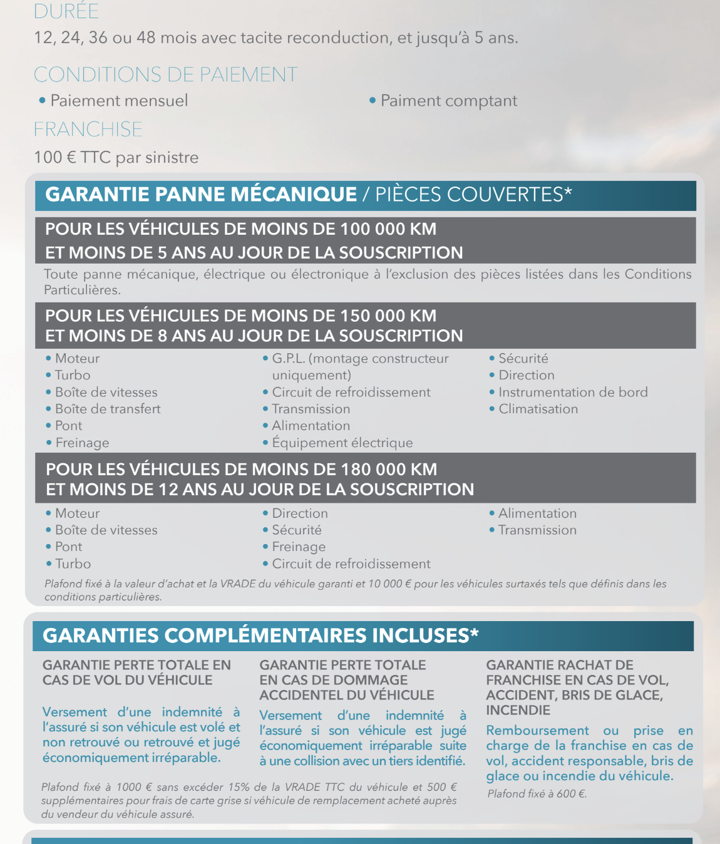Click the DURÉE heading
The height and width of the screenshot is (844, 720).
[x=66, y=11]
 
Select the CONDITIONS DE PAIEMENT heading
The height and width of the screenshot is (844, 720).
[x=165, y=75]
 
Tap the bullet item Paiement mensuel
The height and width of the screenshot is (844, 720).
[x=119, y=101]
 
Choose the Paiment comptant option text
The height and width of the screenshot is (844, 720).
[x=448, y=101]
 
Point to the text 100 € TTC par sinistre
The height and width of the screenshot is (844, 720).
[x=116, y=157]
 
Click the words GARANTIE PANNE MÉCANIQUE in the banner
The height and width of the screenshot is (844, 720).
[x=201, y=195]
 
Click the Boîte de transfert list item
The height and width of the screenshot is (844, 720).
[x=108, y=409]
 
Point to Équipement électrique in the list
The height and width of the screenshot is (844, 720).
[x=342, y=443]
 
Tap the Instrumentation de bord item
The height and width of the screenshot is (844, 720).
[x=573, y=393]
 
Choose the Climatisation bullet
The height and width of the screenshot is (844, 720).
[x=538, y=409]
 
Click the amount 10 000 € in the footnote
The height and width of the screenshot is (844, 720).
[x=389, y=584]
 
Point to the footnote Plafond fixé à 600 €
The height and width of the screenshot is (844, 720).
[x=537, y=794]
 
